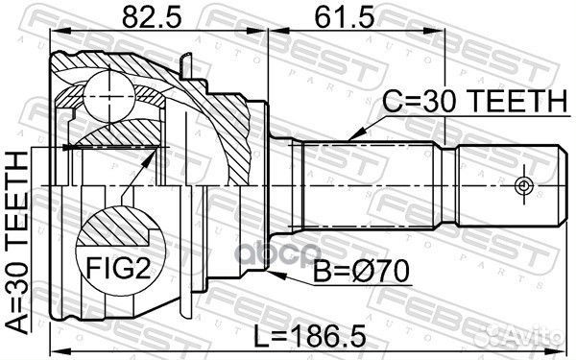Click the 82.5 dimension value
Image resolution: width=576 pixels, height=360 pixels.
(x=152, y=17)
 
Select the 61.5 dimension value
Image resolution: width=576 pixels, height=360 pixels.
(x=345, y=17)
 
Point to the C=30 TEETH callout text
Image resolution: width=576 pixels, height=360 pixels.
(x=475, y=101)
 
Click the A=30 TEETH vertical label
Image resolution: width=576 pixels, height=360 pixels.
(x=17, y=243)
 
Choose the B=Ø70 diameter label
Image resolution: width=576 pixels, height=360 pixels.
(x=361, y=272)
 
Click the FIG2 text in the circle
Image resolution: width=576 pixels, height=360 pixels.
(x=118, y=268)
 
